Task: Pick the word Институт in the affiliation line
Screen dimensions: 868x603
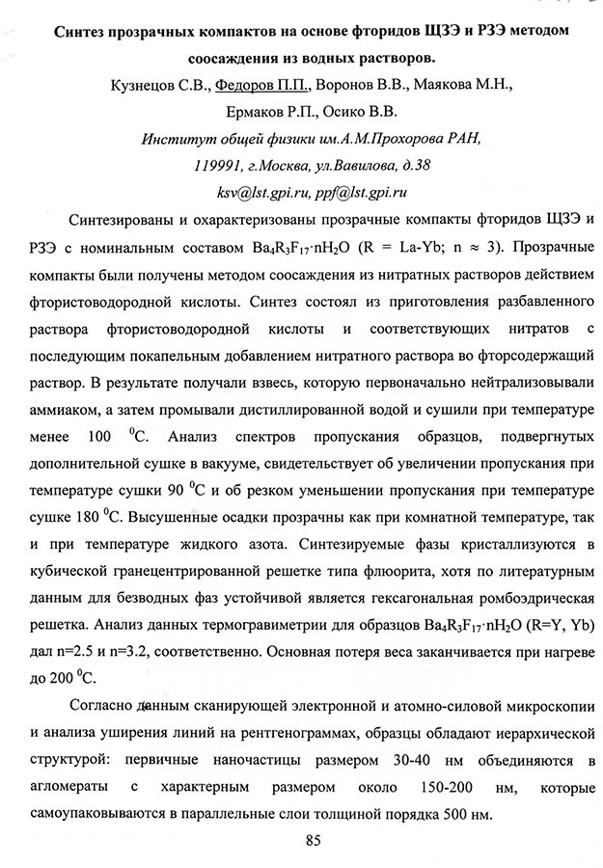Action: point(175,137)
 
